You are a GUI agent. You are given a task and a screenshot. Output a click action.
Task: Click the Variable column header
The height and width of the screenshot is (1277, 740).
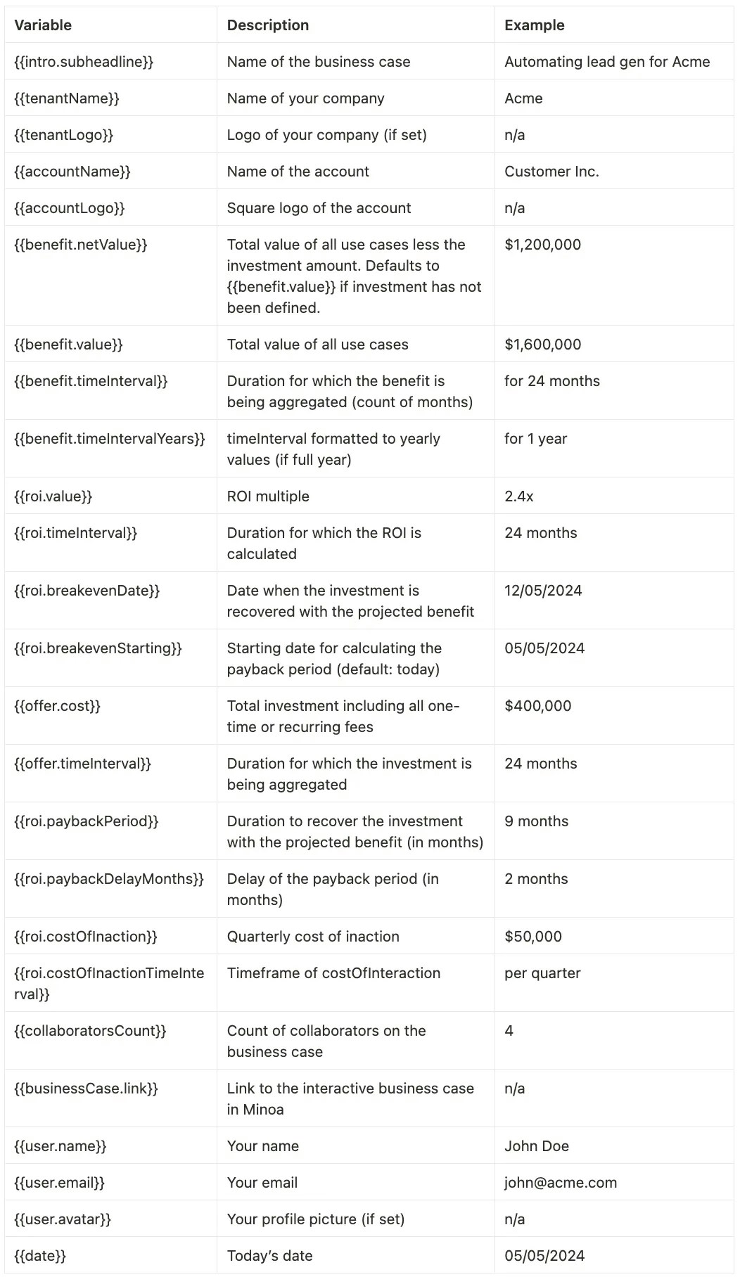tap(43, 25)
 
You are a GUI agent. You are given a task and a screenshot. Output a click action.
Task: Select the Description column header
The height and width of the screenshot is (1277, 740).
tap(267, 25)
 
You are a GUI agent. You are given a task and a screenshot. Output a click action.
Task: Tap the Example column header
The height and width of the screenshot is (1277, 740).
tap(534, 25)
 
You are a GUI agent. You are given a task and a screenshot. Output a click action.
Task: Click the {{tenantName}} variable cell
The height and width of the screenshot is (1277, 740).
tap(67, 98)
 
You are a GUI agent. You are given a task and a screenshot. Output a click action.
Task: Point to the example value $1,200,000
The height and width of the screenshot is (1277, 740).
tap(542, 245)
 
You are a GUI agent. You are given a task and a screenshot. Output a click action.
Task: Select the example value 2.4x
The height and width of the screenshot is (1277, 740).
tap(518, 496)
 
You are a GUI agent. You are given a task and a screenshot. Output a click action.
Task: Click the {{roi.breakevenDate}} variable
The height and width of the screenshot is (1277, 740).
tap(87, 591)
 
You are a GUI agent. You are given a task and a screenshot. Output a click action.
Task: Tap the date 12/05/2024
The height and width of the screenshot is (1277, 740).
tap(543, 591)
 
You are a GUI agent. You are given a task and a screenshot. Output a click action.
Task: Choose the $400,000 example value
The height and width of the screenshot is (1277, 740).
tap(537, 706)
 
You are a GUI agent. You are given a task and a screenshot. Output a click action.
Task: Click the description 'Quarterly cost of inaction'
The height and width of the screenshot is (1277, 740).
tap(313, 937)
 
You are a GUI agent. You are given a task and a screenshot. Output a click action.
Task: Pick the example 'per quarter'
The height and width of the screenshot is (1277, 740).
tap(542, 973)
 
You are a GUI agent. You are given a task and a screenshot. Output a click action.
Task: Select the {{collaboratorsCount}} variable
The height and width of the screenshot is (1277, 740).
tap(91, 1031)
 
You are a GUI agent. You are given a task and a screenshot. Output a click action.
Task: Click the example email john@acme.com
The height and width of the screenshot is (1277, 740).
tap(561, 1183)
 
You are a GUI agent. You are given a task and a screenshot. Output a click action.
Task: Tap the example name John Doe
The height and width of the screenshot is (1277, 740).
tap(537, 1146)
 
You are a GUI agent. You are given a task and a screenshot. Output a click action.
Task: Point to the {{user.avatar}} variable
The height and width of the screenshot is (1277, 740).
tap(63, 1219)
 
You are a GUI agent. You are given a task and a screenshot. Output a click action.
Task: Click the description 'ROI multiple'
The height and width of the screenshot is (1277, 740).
tap(268, 496)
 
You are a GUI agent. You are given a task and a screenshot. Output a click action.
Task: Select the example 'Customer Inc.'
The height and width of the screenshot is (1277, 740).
tap(551, 172)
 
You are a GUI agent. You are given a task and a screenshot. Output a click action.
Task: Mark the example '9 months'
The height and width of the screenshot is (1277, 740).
tap(536, 821)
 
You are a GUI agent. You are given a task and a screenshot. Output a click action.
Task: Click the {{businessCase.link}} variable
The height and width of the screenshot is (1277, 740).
tap(86, 1089)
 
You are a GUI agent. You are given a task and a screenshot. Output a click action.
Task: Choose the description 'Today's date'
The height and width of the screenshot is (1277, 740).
tap(269, 1256)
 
